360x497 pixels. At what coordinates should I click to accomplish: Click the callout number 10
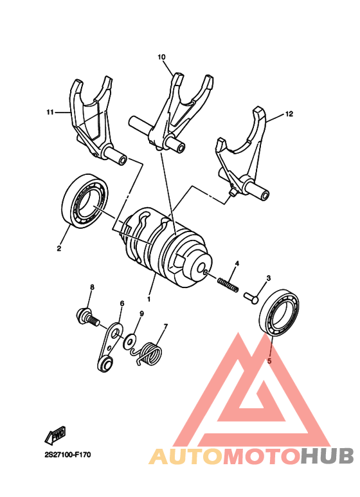pyautogui.click(x=162, y=57)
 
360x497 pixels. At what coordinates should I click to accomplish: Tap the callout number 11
pyautogui.click(x=50, y=113)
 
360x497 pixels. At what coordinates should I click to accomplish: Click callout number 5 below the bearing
pyautogui.click(x=270, y=361)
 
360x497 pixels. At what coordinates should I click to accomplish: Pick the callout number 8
pyautogui.click(x=92, y=287)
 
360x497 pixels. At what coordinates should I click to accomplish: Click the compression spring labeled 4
pyautogui.click(x=228, y=282)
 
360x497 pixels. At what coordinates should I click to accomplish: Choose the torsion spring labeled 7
pyautogui.click(x=151, y=353)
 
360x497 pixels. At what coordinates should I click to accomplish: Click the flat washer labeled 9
pyautogui.click(x=132, y=338)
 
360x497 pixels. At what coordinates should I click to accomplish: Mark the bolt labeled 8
pyautogui.click(x=85, y=316)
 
